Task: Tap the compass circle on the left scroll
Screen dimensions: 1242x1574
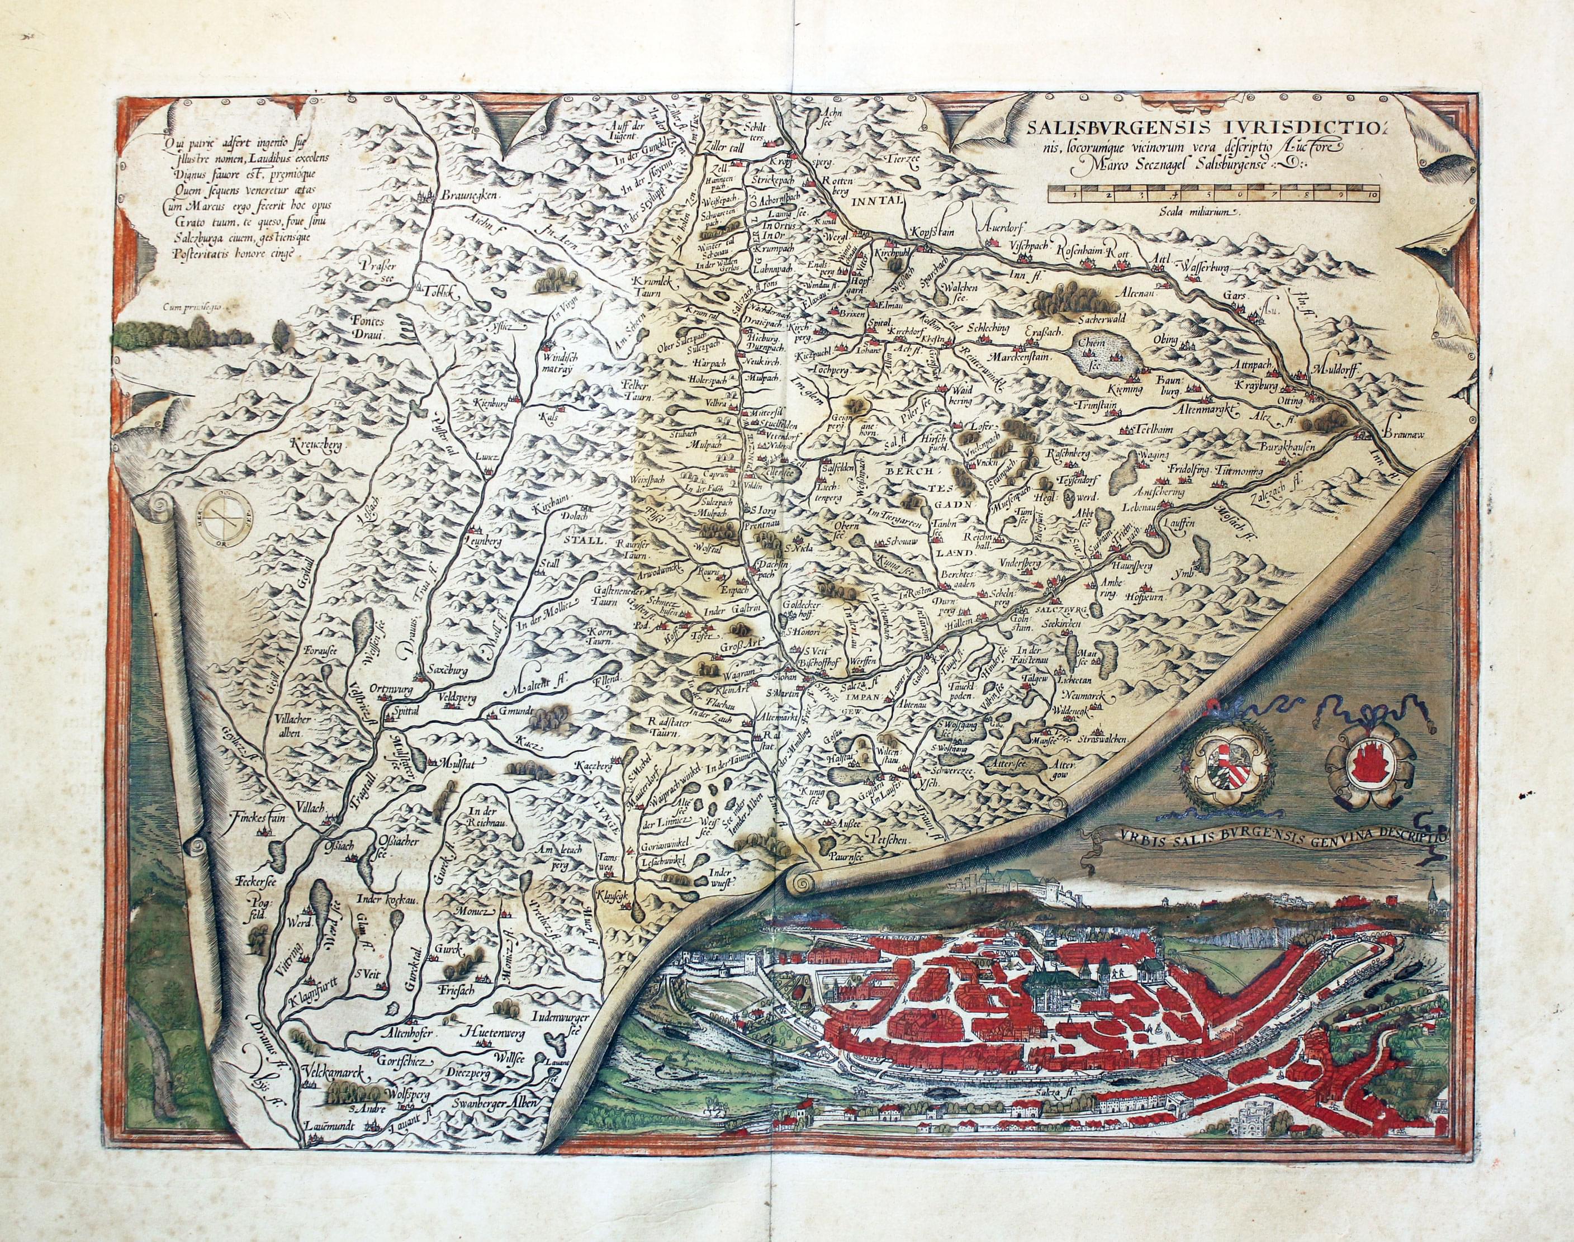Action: (225, 522)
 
